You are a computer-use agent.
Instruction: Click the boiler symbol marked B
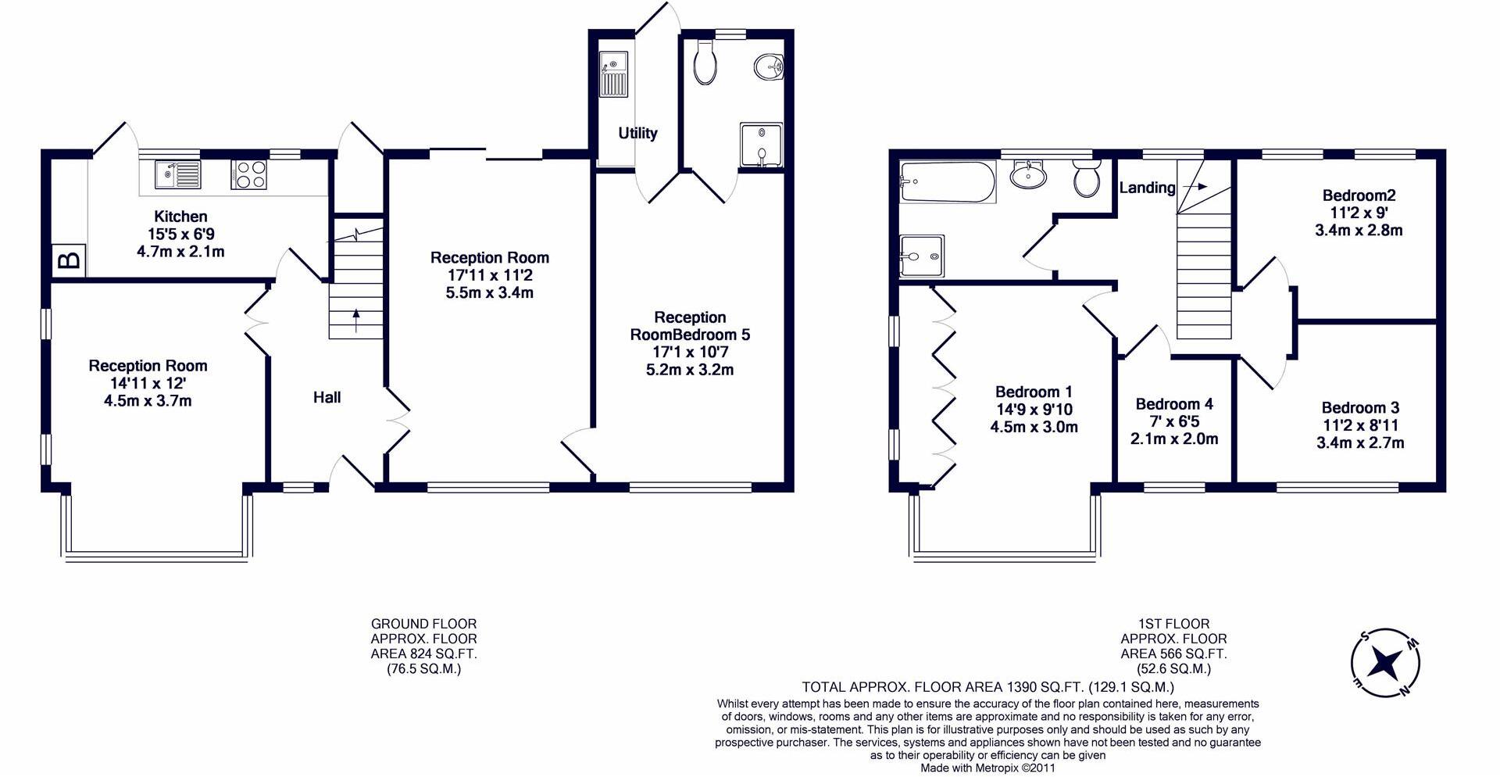(70, 260)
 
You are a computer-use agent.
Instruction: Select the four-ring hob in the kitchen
(250, 174)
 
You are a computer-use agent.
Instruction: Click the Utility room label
(637, 133)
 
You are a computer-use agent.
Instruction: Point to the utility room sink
(613, 74)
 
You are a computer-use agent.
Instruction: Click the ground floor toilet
(705, 62)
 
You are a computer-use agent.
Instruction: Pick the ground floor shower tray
(760, 145)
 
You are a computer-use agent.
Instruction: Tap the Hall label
(327, 397)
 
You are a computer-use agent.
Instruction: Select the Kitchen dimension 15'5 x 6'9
(180, 234)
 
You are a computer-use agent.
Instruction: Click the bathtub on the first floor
(947, 182)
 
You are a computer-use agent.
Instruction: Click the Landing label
(1147, 188)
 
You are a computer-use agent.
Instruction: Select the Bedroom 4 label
(1174, 404)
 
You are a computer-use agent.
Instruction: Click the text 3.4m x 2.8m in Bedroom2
(1359, 231)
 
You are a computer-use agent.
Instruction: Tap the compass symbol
(1385, 663)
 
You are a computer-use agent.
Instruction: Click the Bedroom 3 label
(1360, 407)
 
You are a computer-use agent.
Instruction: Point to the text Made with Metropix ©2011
(987, 768)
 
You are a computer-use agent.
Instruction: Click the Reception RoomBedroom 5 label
(690, 326)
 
